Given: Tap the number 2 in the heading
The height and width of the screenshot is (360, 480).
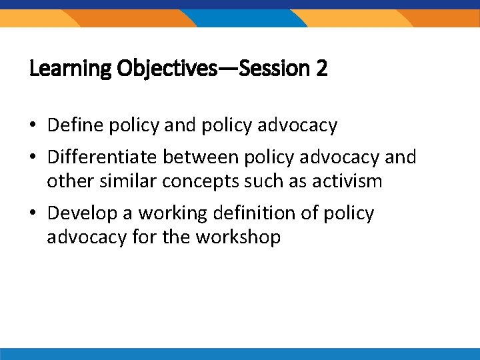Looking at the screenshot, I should pyautogui.click(x=322, y=69).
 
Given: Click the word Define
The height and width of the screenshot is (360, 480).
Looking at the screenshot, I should pyautogui.click(x=73, y=125).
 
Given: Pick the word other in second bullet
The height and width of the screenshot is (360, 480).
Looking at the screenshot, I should pyautogui.click(x=68, y=181).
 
